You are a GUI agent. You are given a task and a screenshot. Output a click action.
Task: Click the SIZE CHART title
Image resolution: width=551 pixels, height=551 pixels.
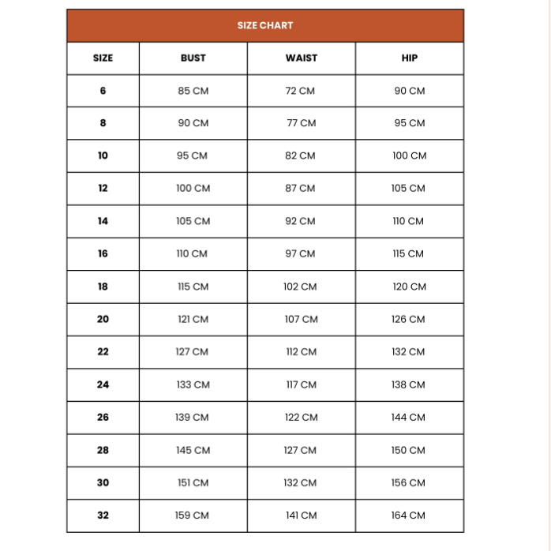point(265,25)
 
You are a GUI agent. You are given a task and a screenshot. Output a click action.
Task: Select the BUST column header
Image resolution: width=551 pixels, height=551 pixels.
point(193,58)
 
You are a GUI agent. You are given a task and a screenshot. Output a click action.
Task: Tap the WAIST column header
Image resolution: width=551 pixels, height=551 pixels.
point(301,58)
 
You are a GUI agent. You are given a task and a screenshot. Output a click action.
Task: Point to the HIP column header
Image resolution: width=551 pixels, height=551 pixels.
point(409,58)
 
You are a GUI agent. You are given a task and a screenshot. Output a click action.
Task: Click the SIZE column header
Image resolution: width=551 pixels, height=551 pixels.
point(103,58)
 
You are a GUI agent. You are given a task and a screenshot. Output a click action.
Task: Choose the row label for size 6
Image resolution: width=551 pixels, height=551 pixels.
point(103,91)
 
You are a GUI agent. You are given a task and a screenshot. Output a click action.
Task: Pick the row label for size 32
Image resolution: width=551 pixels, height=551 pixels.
point(103,515)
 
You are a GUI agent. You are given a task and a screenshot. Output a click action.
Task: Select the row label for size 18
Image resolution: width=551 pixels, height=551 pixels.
point(103,287)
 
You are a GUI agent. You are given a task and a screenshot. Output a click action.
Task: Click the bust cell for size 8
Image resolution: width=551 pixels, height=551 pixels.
point(193,123)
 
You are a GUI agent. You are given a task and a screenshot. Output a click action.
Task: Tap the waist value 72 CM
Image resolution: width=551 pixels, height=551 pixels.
point(300,91)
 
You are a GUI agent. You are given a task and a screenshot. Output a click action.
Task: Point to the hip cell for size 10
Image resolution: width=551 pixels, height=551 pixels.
point(409,156)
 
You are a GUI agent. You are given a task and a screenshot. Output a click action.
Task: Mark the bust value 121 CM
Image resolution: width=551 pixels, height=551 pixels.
point(193,320)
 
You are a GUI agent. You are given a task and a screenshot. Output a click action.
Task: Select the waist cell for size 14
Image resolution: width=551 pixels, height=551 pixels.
point(300,221)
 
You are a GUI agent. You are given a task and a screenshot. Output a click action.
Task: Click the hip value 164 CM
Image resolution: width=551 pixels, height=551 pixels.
point(408,515)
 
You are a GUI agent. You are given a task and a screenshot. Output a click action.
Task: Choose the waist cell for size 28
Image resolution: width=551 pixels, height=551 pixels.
point(301,450)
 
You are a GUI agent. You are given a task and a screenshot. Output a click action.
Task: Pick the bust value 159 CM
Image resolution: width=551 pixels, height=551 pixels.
point(192,515)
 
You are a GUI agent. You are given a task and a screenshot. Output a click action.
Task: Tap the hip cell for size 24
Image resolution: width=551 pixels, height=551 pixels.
point(408,384)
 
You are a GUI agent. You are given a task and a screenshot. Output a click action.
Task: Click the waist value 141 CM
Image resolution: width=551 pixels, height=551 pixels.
point(301,515)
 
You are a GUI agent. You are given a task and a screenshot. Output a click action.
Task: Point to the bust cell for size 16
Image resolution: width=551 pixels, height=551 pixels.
point(193,254)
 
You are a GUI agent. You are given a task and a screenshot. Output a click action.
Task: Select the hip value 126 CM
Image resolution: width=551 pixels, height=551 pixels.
point(408,320)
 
